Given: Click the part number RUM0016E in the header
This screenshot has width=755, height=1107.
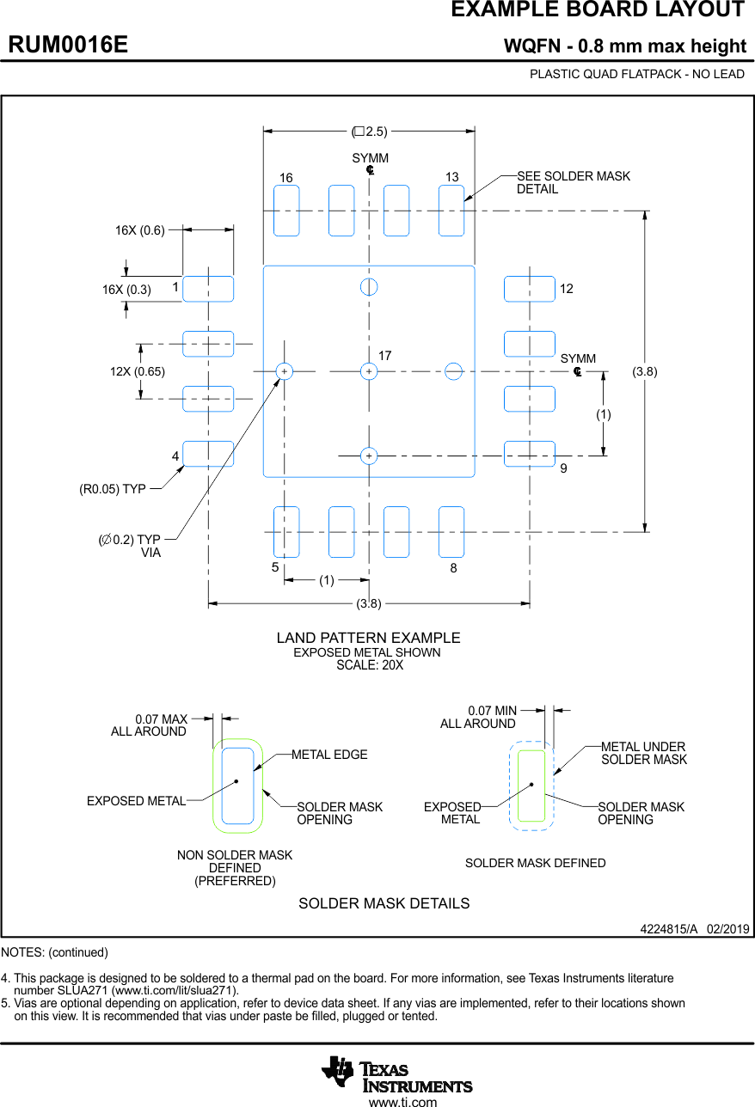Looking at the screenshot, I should pos(68,45).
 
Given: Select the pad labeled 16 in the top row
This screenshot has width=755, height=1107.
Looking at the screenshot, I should pos(286,211).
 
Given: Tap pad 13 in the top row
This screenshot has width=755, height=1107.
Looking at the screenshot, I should pos(451,211).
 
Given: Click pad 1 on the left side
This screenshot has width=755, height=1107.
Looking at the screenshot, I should pos(208,289).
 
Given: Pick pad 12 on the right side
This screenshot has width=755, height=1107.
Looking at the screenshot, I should pos(529,289).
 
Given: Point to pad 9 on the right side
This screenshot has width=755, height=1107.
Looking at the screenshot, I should pos(529,454).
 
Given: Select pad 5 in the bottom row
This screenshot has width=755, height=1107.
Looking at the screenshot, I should pos(286,532).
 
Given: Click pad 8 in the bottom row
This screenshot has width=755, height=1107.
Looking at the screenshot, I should pos(451,532).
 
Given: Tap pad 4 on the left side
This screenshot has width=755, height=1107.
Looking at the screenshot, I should pos(208,454).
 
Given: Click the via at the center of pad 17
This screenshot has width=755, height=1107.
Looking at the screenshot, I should pos(369,371).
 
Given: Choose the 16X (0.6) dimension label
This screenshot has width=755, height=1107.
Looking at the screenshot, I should pos(139,230).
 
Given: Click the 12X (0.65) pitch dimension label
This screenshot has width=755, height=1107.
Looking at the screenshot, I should pos(137,371).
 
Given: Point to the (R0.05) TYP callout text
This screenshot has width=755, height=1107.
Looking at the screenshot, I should pos(113,490).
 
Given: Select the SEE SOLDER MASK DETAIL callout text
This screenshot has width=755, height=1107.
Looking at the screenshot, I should pos(573,182).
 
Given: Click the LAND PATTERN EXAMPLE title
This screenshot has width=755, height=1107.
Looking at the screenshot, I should pos(368,638).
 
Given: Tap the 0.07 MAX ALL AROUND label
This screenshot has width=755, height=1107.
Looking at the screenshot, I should pos(150,725).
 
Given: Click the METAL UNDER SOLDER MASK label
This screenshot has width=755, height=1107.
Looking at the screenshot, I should pos(643,753).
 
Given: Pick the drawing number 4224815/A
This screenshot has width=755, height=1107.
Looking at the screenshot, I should pos(668,930).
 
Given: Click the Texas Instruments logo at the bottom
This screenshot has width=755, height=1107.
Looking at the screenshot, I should pos(396,1074).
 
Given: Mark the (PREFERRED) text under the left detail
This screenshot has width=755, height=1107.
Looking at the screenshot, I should pos(235,881).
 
